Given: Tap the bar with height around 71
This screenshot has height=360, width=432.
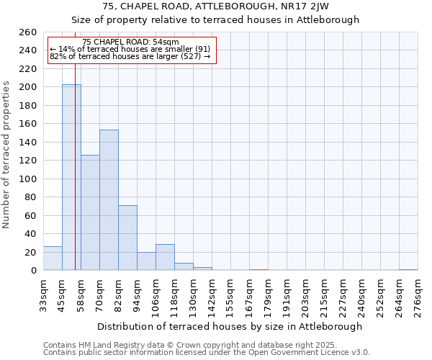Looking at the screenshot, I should click(x=127, y=238).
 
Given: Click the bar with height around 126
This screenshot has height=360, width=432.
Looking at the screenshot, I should click(x=90, y=212).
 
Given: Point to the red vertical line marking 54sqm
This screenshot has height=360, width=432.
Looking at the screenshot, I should click(x=75, y=180).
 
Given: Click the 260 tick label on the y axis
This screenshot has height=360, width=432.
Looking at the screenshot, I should click(x=28, y=32).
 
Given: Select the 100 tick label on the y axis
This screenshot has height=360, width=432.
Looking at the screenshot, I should click(x=28, y=179).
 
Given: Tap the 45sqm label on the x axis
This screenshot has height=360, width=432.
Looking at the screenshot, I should click(x=62, y=294).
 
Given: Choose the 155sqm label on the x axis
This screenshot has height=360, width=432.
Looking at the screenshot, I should click(x=231, y=295).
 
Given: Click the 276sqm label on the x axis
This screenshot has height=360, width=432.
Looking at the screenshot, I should click(x=418, y=295).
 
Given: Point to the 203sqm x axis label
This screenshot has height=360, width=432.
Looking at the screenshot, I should click(x=306, y=295).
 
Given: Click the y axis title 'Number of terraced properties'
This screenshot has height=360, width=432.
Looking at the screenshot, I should click(x=7, y=154).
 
